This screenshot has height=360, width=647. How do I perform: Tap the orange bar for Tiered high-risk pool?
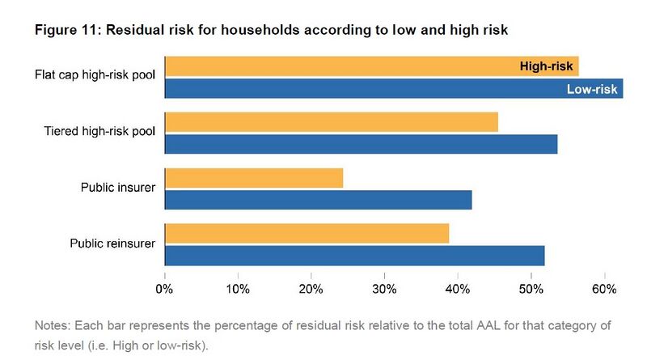(331, 122)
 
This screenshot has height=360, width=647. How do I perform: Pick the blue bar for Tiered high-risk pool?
(361, 144)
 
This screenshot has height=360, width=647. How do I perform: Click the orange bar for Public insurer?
(254, 178)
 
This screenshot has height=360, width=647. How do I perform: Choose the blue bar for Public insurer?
(318, 200)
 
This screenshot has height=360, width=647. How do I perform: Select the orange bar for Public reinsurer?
(307, 234)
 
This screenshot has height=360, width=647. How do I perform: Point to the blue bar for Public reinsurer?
(354, 256)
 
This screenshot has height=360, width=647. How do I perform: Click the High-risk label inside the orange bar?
(546, 66)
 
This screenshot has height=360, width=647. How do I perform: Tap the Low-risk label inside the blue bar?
(592, 89)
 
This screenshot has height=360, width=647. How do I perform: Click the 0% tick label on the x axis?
(165, 289)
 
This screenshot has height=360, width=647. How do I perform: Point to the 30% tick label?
(384, 289)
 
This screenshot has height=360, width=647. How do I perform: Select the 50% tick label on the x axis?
(531, 289)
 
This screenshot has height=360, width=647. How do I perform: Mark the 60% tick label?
(604, 289)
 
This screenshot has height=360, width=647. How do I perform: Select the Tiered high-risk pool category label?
(100, 132)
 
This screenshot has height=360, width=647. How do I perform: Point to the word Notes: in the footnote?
(53, 326)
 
